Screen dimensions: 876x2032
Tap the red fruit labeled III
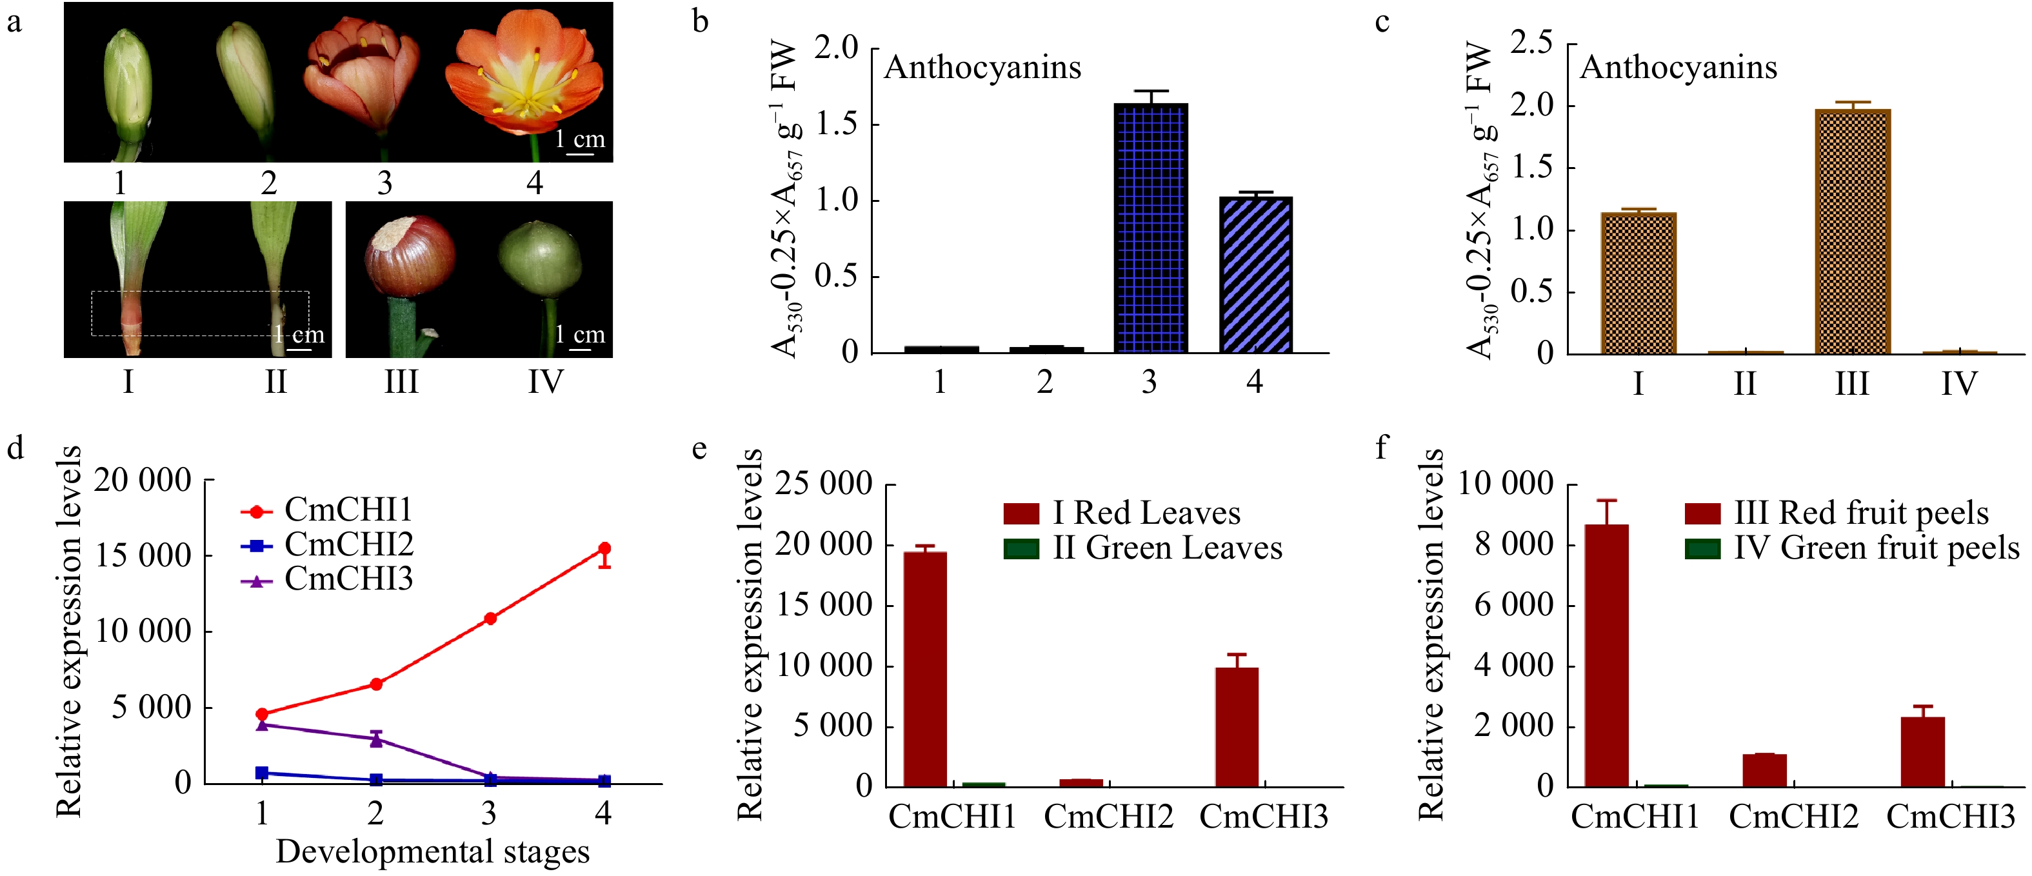[408, 256]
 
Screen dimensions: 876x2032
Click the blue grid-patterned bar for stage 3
[1150, 228]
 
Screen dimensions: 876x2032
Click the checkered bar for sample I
[1639, 284]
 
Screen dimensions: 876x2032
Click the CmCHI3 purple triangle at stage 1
[262, 724]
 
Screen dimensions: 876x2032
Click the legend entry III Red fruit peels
[1860, 513]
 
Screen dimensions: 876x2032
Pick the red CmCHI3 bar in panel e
[1236, 726]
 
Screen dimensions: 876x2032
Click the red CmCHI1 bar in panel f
[1607, 655]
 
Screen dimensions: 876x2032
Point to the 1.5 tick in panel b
[836, 124]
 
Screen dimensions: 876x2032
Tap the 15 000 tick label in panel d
[143, 556]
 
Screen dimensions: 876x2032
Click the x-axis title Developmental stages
[432, 852]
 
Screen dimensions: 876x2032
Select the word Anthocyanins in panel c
[1678, 68]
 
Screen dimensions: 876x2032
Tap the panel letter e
[699, 449]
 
